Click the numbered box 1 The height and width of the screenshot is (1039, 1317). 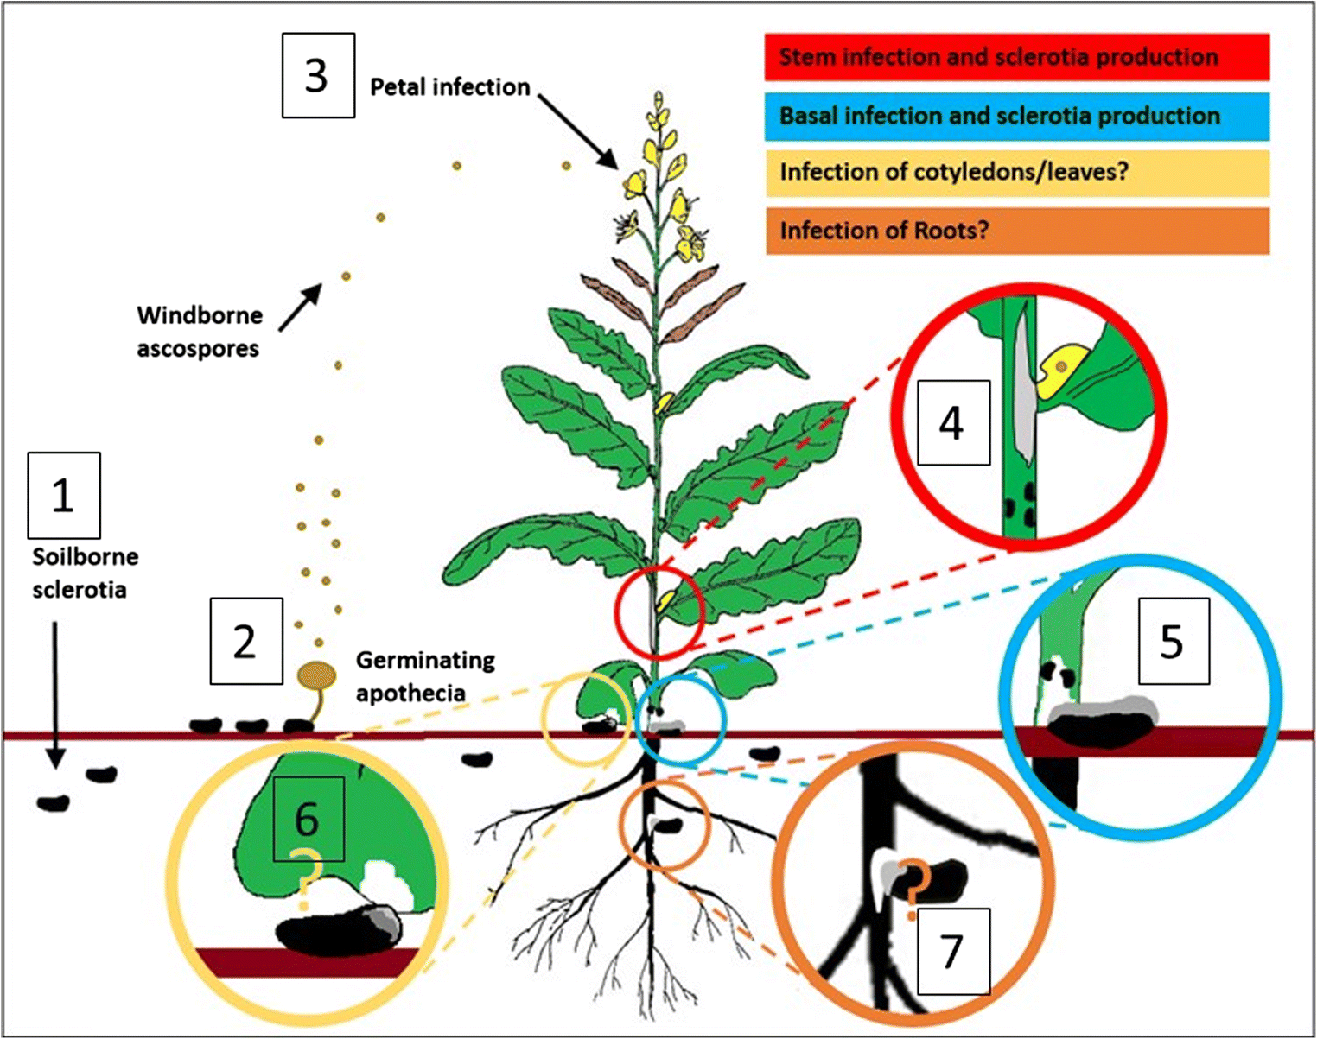click(64, 495)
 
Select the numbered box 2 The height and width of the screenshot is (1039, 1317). click(246, 641)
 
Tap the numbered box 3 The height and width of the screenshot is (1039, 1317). click(318, 75)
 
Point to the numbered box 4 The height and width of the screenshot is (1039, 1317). click(953, 423)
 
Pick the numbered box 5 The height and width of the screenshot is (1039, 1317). click(1173, 642)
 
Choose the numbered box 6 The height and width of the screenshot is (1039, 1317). click(309, 818)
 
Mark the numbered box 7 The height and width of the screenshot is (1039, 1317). click(953, 950)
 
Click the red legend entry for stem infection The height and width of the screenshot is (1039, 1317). click(1017, 57)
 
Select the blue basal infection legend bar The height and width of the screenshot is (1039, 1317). click(1017, 116)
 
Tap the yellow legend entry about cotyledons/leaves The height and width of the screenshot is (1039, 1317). click(1017, 173)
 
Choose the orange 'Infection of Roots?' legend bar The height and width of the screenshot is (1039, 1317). click(1017, 231)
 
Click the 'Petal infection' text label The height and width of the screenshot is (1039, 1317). click(449, 87)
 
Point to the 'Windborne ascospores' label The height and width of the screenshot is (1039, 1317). click(199, 332)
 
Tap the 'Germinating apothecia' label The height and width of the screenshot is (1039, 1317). click(425, 676)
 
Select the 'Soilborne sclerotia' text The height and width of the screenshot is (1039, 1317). click(85, 573)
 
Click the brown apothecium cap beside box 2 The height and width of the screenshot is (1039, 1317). click(317, 675)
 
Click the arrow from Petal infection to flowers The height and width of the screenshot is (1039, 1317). click(579, 131)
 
